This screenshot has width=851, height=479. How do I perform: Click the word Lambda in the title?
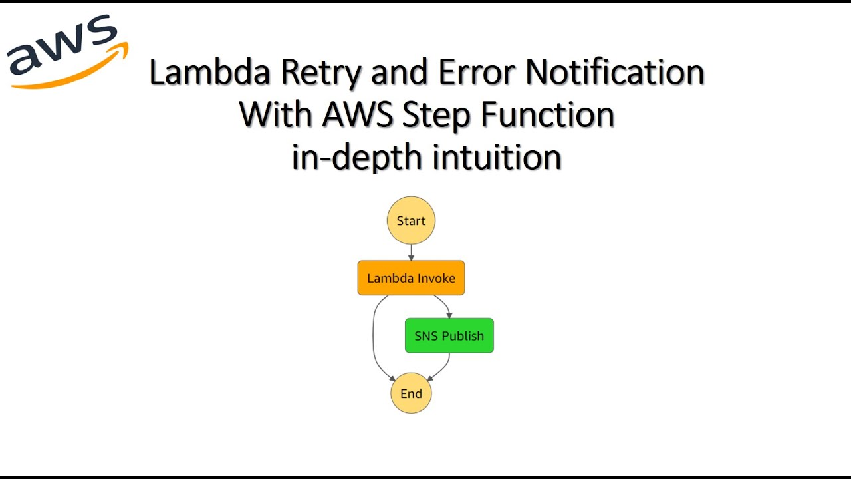pos(209,72)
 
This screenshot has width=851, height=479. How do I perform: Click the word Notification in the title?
pos(615,72)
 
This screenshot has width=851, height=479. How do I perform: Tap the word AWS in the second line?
pos(358,114)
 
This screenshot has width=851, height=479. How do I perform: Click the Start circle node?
pos(411,220)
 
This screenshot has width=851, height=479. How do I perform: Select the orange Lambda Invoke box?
pos(411,278)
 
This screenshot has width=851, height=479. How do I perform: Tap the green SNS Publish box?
pos(449,336)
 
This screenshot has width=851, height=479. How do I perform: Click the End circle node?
pos(411,393)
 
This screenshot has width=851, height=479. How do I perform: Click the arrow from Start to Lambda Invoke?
pos(411,252)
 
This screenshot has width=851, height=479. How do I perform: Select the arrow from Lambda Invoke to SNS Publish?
pos(445,305)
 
